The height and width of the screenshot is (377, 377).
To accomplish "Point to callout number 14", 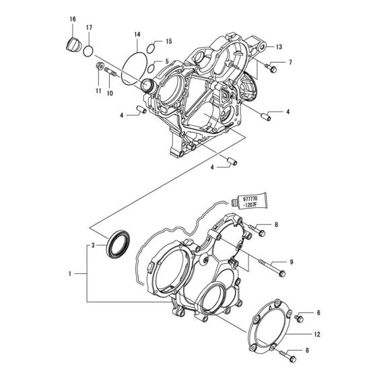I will (x=137, y=34).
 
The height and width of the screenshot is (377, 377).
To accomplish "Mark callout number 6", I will (x=318, y=314).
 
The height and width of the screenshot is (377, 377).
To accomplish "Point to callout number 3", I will (x=94, y=246).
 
